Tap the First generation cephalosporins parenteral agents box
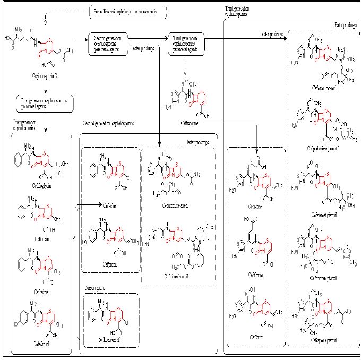45,102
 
